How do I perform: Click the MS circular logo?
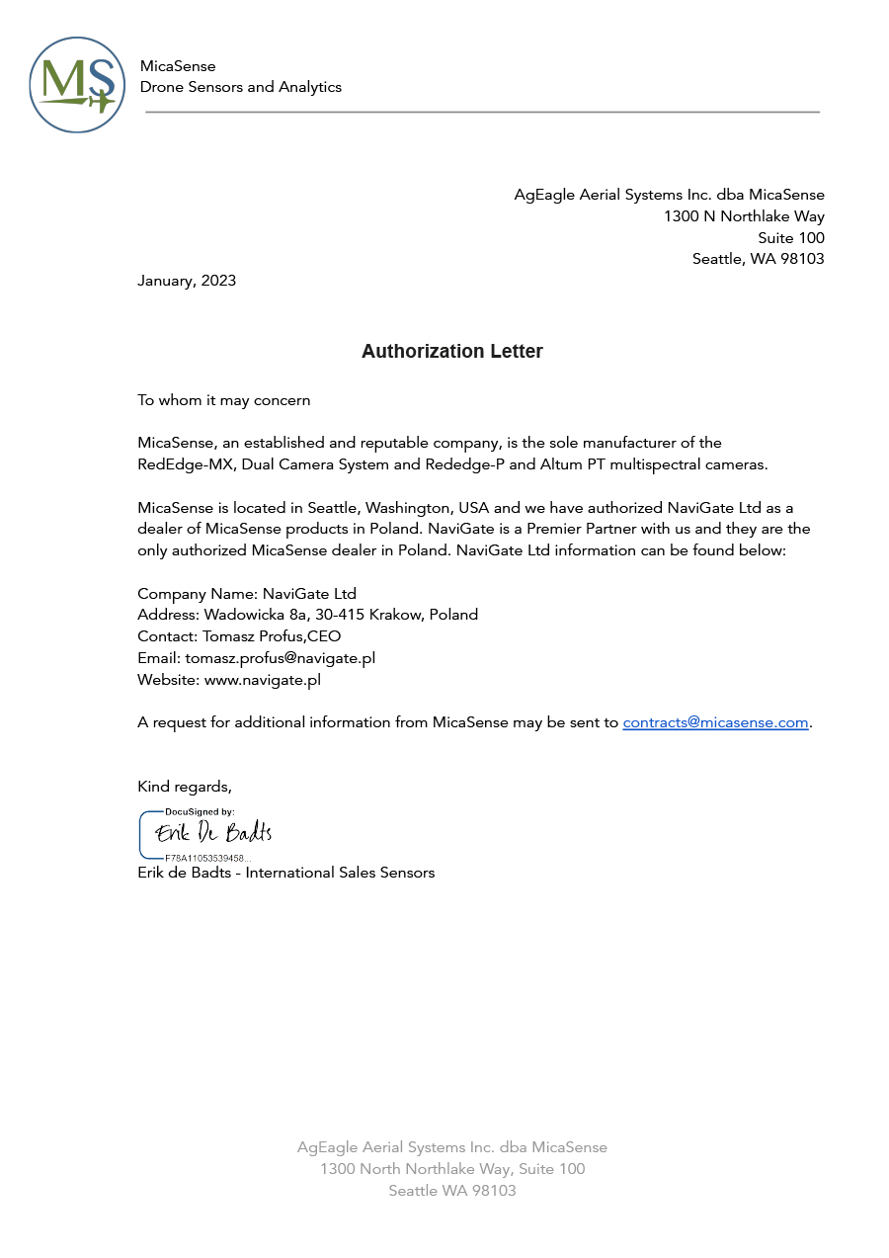pos(77,85)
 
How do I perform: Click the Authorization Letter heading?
pos(452,352)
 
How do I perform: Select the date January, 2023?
pos(187,281)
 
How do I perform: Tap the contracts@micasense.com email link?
pos(715,722)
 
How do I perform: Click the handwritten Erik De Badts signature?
pos(213,834)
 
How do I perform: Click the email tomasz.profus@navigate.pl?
pos(280,658)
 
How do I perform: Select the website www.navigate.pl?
pos(262,680)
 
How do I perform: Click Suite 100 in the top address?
pos(791,238)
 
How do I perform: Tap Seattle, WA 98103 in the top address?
pos(758,259)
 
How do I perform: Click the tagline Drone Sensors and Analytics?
pos(241,87)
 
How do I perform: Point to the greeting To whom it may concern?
pos(224,400)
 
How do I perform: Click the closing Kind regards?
pos(185,787)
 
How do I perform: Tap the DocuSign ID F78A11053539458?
pos(207,858)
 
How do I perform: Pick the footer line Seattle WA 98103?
pos(452,1191)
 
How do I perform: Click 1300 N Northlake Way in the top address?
pos(744,216)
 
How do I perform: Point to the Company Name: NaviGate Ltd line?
pos(247,594)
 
